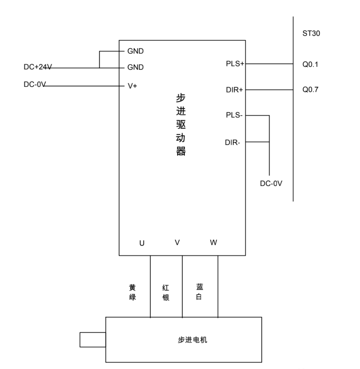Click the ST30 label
pyautogui.click(x=311, y=33)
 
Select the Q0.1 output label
pyautogui.click(x=310, y=64)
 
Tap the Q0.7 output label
pyautogui.click(x=310, y=90)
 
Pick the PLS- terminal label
pyautogui.click(x=234, y=115)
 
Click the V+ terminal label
pyautogui.click(x=132, y=86)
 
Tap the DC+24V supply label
pyautogui.click(x=37, y=67)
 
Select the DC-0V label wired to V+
pyautogui.click(x=34, y=85)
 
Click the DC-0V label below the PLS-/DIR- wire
pyautogui.click(x=271, y=184)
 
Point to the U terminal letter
pyautogui.click(x=142, y=243)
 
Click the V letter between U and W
pyautogui.click(x=177, y=243)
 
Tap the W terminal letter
pyautogui.click(x=214, y=243)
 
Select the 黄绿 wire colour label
pyautogui.click(x=132, y=292)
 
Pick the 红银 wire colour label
pyautogui.click(x=166, y=292)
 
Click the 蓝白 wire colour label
pyautogui.click(x=199, y=292)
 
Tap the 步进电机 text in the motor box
pyautogui.click(x=192, y=340)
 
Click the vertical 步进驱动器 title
pyautogui.click(x=181, y=125)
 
